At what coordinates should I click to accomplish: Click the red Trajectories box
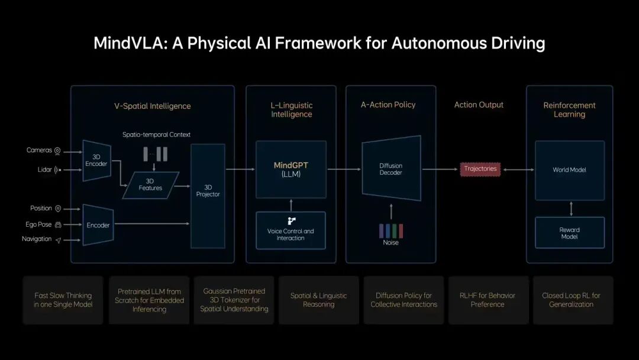pos(480,169)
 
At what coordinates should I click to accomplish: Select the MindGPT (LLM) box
pos(291,169)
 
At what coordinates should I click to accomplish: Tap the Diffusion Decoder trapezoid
pos(391,168)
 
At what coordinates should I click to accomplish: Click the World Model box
pos(570,170)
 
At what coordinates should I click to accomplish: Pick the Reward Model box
pos(570,233)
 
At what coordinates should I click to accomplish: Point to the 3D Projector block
pos(208,196)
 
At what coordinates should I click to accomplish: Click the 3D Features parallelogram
pos(151,185)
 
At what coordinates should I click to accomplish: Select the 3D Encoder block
pos(96,160)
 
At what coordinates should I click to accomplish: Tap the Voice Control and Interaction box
pos(291,230)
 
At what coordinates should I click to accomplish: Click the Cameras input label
pos(39,150)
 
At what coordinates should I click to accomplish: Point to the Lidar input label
pos(45,169)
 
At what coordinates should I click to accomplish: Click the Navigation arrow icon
pos(58,240)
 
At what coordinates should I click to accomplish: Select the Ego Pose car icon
pos(58,224)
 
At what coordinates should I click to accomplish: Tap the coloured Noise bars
pos(391,231)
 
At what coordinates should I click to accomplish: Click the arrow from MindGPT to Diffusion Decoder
pos(344,169)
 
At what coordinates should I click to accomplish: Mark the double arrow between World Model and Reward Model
pos(571,209)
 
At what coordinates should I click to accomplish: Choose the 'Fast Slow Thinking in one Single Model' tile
pos(63,300)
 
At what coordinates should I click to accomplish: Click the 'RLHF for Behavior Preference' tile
pos(488,300)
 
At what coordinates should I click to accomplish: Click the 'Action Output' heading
pos(479,105)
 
